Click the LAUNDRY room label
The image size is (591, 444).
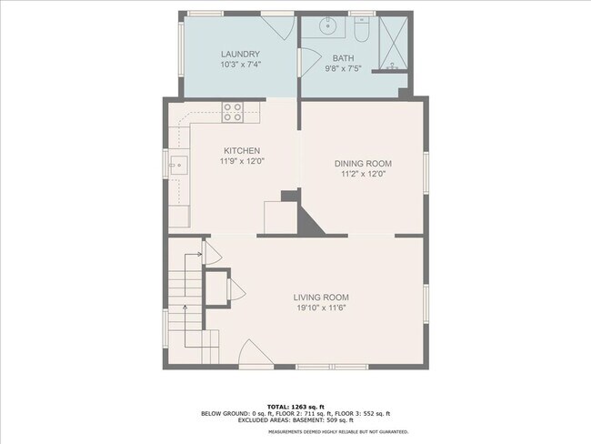240,54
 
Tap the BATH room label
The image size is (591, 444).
344,58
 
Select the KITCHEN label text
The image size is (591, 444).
242,150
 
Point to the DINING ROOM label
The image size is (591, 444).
364,164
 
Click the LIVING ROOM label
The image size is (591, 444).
321,298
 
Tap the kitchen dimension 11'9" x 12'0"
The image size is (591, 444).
242,161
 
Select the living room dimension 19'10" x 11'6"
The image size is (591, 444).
322,308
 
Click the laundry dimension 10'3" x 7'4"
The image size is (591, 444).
241,65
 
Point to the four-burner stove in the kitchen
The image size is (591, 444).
233,113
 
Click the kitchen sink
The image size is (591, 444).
179,166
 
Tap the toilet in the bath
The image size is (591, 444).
362,29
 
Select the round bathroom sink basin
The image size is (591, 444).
328,26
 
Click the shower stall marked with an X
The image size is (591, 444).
394,43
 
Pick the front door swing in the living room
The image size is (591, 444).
256,352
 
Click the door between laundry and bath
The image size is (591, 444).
310,63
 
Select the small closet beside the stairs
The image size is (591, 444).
216,288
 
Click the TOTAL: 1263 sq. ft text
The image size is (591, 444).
295,407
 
